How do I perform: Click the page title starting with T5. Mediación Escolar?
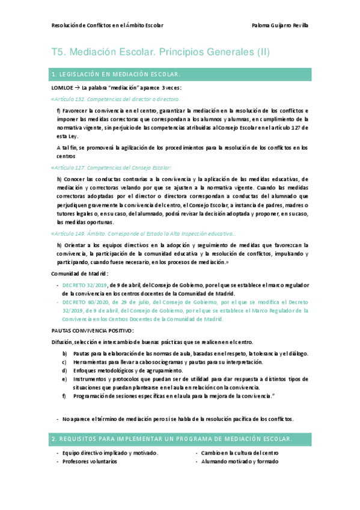coord(161,52)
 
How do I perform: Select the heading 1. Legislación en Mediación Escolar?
coord(117,74)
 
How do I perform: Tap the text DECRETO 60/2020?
coord(85,302)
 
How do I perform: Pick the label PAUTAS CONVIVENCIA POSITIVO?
coord(93,331)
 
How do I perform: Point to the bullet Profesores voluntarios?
coord(90,461)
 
